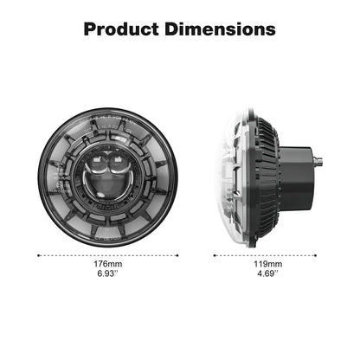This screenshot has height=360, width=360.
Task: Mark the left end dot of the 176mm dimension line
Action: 39,256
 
